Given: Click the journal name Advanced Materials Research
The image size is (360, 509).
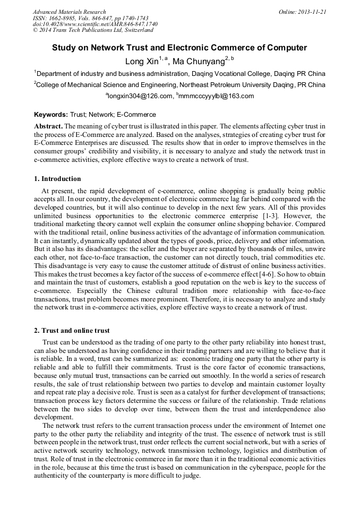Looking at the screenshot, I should (x=69, y=12).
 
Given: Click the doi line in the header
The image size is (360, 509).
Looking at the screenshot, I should (x=95, y=24).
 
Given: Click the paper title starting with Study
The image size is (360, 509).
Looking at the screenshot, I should (x=179, y=48).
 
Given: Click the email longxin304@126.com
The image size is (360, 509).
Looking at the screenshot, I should (x=141, y=96).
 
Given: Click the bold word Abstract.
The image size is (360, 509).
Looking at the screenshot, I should (x=48, y=126).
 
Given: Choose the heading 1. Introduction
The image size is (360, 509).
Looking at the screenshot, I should (x=57, y=179).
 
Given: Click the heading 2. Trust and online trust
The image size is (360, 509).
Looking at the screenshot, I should (x=72, y=331).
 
